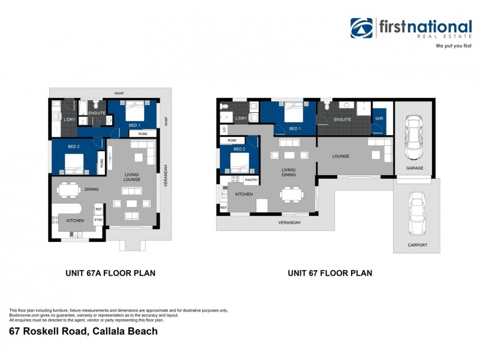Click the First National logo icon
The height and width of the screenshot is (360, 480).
click(x=362, y=28)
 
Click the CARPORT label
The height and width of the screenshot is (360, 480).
click(x=417, y=245)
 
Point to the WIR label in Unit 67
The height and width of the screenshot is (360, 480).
click(x=379, y=119)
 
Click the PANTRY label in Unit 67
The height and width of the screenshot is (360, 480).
click(x=251, y=179)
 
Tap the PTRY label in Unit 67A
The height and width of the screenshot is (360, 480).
click(x=98, y=220)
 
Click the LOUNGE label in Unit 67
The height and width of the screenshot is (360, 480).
click(x=341, y=156)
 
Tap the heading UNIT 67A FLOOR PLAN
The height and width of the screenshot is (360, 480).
click(x=110, y=273)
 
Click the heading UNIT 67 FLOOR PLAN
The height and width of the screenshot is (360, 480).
click(x=329, y=273)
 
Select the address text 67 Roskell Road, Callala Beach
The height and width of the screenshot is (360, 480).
click(x=83, y=331)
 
